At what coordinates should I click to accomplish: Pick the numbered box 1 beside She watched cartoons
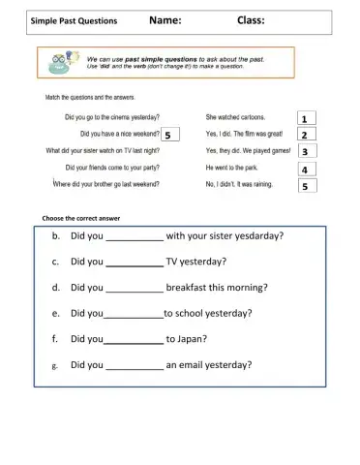point(304,118)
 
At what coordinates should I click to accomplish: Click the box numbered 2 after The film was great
point(304,135)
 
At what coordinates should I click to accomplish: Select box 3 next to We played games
point(304,151)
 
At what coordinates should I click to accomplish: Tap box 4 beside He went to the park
point(304,169)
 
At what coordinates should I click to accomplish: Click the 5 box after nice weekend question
point(168,135)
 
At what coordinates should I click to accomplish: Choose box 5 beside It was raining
point(304,185)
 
